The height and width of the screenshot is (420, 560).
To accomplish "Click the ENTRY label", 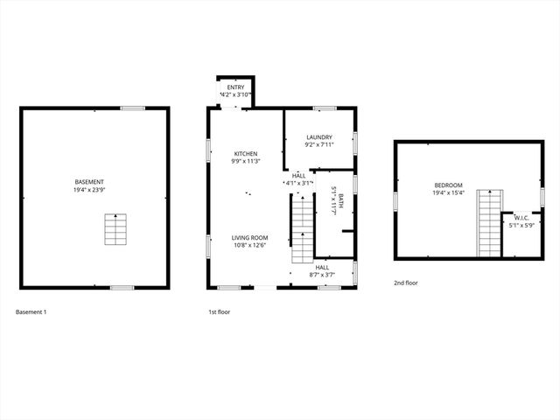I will (x=236, y=87).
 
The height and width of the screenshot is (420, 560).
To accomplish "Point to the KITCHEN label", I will (x=244, y=153).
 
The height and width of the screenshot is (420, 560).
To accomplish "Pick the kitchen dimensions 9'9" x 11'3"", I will (x=244, y=161).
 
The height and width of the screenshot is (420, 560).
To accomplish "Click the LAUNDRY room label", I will (x=318, y=137).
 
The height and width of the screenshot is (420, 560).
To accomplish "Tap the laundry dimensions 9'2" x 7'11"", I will (x=318, y=145).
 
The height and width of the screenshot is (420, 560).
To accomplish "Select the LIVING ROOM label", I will (x=249, y=238).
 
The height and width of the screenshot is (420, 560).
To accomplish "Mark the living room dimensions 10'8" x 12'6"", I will (x=249, y=246).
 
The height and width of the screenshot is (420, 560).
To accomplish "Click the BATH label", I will (x=341, y=199).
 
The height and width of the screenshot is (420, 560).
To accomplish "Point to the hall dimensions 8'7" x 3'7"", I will (x=322, y=275).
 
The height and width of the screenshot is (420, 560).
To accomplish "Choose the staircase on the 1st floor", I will (x=301, y=228).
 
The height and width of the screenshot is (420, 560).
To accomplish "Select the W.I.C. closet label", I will (x=521, y=218).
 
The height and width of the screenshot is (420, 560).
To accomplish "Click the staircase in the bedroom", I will (x=489, y=224).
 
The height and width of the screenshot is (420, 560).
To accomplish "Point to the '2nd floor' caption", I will (x=406, y=283).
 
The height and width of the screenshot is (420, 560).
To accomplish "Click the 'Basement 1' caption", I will (x=31, y=311).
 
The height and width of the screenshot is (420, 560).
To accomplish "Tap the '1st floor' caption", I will (x=219, y=311).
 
